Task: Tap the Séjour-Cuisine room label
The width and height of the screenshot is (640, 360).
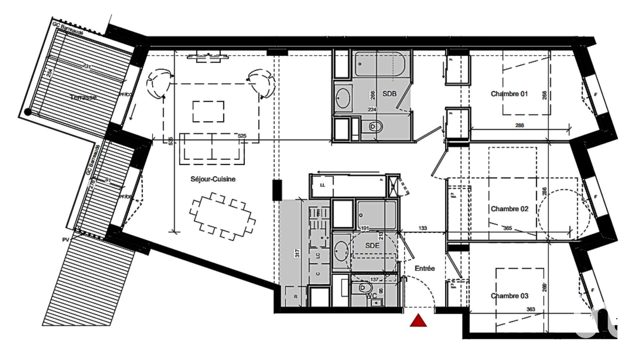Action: pyautogui.click(x=213, y=179)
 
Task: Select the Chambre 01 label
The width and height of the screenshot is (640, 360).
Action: pyautogui.click(x=509, y=94)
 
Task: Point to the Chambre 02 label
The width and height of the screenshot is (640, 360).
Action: pyautogui.click(x=509, y=209)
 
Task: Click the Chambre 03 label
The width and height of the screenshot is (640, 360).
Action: pyautogui.click(x=509, y=296)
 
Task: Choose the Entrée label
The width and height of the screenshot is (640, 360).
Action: pyautogui.click(x=425, y=268)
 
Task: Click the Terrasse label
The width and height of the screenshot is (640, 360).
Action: pyautogui.click(x=84, y=97)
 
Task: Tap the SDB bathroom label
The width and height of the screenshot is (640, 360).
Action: pyautogui.click(x=389, y=94)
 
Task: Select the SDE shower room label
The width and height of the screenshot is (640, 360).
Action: pyautogui.click(x=372, y=246)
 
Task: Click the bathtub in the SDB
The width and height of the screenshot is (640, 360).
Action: pyautogui.click(x=379, y=64)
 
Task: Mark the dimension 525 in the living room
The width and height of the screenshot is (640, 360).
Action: pyautogui.click(x=242, y=136)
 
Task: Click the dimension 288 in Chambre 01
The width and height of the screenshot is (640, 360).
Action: pyautogui.click(x=519, y=125)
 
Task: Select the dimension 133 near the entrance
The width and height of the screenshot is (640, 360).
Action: pyautogui.click(x=422, y=228)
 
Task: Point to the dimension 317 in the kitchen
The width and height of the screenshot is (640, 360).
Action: pyautogui.click(x=297, y=253)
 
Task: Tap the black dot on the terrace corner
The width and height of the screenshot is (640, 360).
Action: pyautogui.click(x=28, y=112)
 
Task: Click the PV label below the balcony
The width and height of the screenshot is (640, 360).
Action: pyautogui.click(x=65, y=240)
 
